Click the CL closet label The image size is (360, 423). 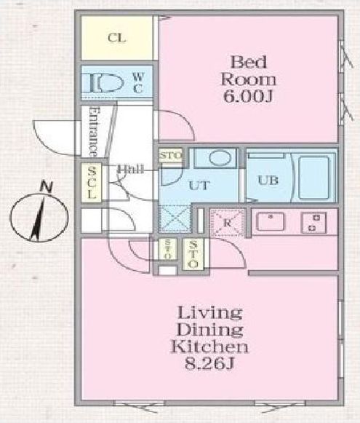114,39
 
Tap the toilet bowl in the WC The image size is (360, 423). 101,82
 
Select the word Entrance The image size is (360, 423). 93,133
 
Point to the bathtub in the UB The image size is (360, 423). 313,175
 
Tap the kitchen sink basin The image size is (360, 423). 274,221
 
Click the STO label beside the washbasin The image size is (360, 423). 171,155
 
